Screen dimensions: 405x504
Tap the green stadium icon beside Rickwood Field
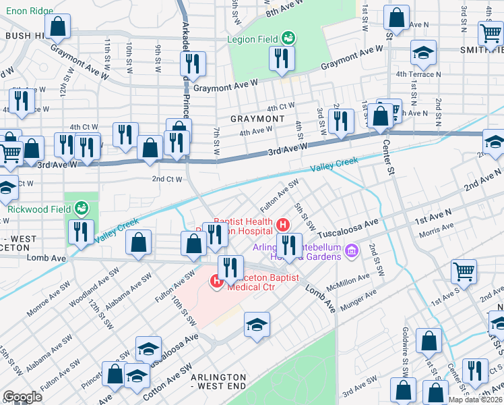[82, 207]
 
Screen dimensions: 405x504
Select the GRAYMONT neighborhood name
[257, 119]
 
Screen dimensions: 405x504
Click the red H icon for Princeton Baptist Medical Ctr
[217, 281]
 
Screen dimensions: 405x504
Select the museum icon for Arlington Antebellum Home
[350, 252]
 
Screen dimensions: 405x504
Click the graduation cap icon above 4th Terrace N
[423, 52]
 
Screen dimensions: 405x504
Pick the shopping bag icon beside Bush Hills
[59, 27]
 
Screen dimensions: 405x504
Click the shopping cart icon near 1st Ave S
[464, 272]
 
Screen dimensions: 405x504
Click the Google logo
[23, 397]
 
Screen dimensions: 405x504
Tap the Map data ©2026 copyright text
[474, 400]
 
